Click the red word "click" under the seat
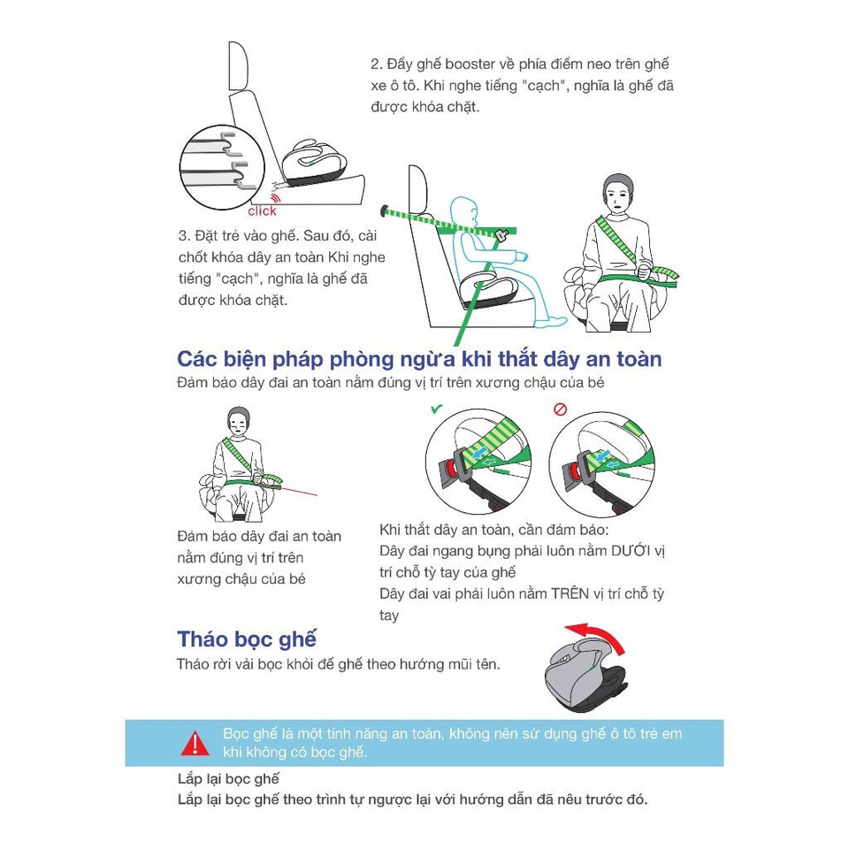pyautogui.click(x=262, y=210)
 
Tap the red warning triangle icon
pyautogui.click(x=195, y=744)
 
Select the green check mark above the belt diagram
pyautogui.click(x=436, y=409)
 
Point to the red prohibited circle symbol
pyautogui.click(x=561, y=409)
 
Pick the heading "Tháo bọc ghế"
pyautogui.click(x=247, y=639)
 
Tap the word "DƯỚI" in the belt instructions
pyautogui.click(x=631, y=551)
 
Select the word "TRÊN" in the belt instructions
pyautogui.click(x=570, y=593)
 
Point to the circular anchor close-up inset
pyautogui.click(x=222, y=167)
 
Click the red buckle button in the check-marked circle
pyautogui.click(x=450, y=467)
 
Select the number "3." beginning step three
pyautogui.click(x=184, y=236)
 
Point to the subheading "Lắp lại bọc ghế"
pyautogui.click(x=228, y=778)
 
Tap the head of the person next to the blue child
pyautogui.click(x=618, y=193)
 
